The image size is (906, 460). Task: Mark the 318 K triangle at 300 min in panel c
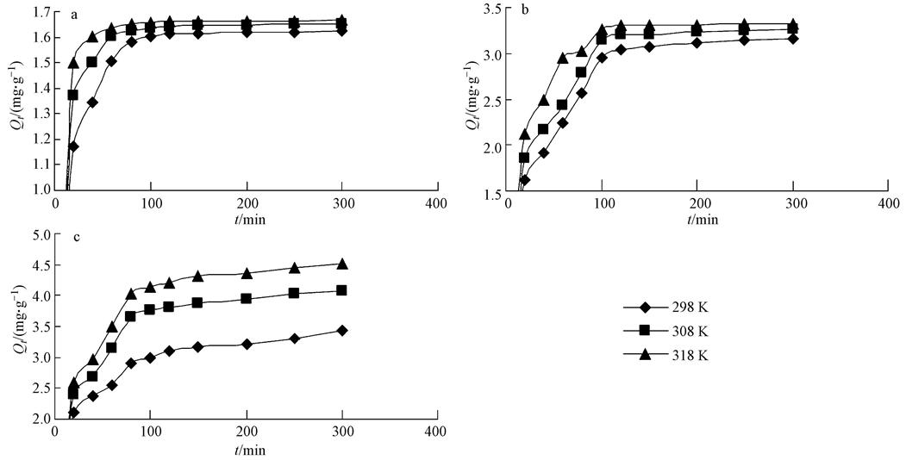pyautogui.click(x=342, y=264)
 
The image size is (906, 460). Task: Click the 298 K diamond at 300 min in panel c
pyautogui.click(x=342, y=330)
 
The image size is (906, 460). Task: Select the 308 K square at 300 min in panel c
pyautogui.click(x=342, y=290)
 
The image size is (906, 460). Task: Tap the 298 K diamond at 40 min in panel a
pyautogui.click(x=92, y=103)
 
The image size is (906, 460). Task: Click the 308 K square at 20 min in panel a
pyautogui.click(x=73, y=95)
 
